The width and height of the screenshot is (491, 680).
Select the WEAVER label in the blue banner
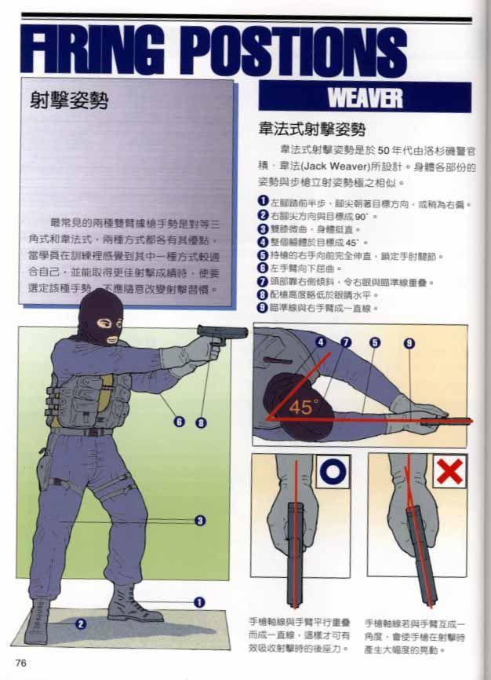pos(365,97)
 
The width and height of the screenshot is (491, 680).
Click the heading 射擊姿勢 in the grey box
pos(68,101)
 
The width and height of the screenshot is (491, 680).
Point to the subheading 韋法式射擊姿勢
pos(311,128)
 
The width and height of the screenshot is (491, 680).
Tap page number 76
pos(21,663)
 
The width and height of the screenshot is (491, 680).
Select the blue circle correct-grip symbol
pos(333,471)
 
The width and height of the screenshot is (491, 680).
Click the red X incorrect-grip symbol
pos(449,471)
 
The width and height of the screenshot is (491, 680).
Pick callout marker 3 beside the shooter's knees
pos(200,520)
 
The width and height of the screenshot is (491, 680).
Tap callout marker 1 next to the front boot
pos(199,601)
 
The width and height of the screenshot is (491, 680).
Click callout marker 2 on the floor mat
pos(80,624)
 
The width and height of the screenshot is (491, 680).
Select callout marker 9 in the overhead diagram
pos(409,342)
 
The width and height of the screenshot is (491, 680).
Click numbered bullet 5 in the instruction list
pos(263,255)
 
